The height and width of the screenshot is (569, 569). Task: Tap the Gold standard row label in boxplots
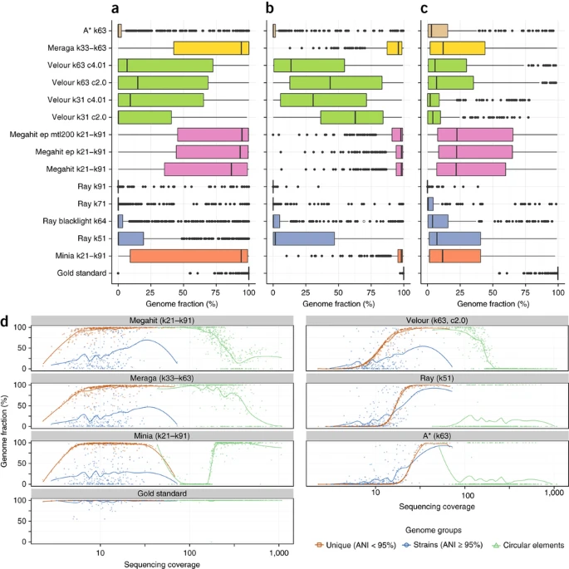(86, 272)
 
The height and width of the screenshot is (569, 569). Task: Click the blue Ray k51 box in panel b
(304, 238)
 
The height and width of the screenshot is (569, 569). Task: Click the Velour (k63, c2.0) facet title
(434, 321)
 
